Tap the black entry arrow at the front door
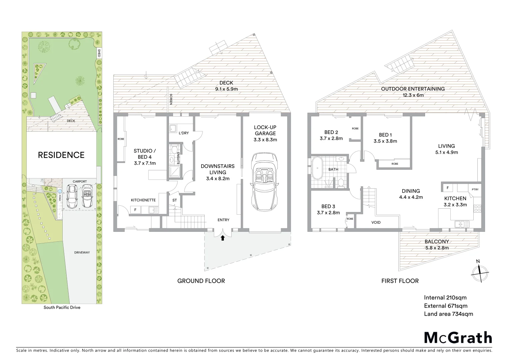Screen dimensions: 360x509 [223, 238]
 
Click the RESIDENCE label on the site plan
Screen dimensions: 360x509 [61, 155]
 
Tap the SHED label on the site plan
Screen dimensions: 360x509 [99, 53]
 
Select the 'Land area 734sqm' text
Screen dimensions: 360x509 [448, 314]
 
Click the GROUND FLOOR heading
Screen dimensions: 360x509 [201, 281]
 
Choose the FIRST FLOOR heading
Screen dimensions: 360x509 [400, 281]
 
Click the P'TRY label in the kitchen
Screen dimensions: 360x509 [475, 190]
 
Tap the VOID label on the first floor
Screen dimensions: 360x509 [376, 222]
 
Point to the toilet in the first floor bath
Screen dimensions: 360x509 [340, 183]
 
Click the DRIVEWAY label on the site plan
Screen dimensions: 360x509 [82, 253]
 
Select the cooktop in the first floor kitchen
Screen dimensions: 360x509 [477, 209]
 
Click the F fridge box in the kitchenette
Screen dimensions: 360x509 [135, 210]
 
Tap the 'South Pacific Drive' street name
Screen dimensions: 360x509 [62, 307]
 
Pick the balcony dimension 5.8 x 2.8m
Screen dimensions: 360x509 [437, 248]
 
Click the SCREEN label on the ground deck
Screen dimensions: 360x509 [171, 99]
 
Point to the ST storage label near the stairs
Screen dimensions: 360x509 [174, 200]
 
